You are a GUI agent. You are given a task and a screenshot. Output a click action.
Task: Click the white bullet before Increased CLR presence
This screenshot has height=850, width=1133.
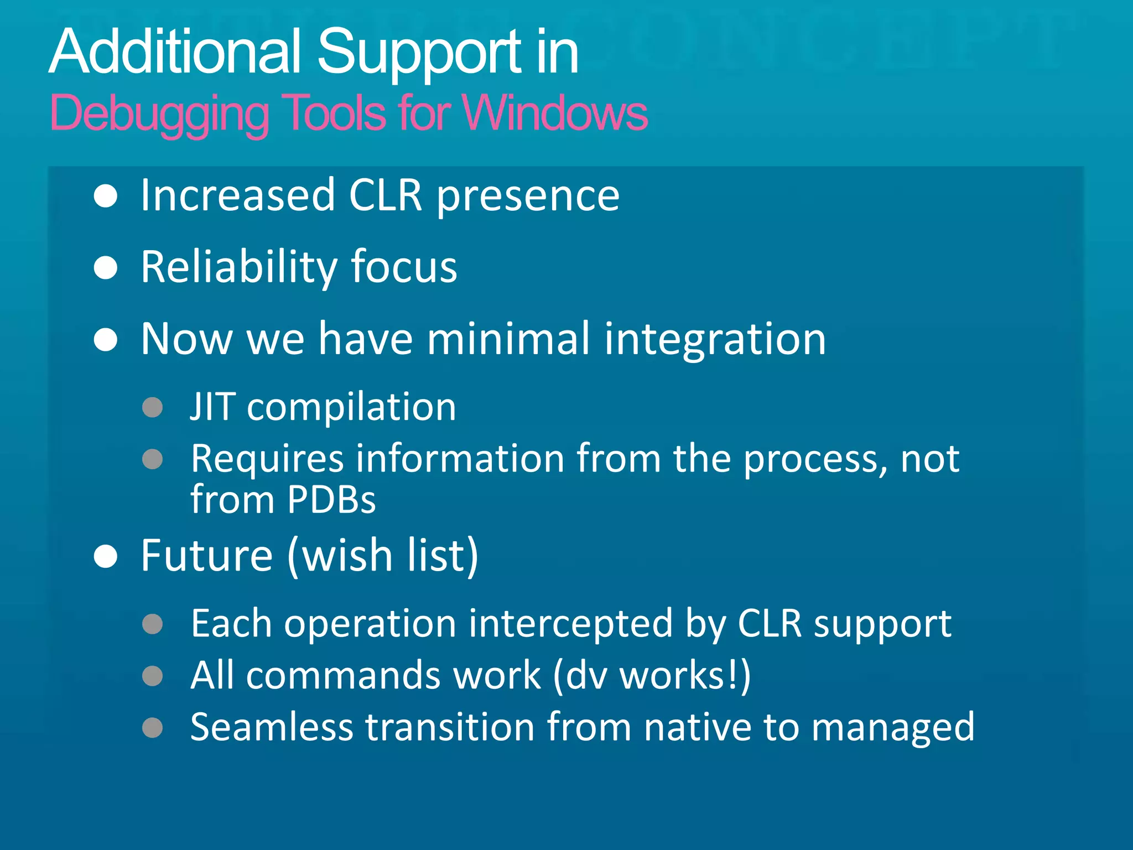coord(105,196)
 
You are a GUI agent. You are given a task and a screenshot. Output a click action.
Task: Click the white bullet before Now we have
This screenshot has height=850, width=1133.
coord(105,340)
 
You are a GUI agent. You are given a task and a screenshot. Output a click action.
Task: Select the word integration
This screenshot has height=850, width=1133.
coord(715,340)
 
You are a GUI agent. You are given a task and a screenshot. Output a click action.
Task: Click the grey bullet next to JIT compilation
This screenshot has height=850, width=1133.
coord(152,407)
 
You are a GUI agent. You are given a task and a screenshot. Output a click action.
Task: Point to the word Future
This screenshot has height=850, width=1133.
coord(206,556)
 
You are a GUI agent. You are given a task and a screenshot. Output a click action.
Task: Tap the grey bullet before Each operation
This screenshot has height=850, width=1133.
coord(152,624)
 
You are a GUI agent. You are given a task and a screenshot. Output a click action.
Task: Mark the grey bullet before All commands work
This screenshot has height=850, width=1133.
coord(152,676)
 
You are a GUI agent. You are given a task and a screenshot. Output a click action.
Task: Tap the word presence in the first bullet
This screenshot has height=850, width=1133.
coord(528,196)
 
